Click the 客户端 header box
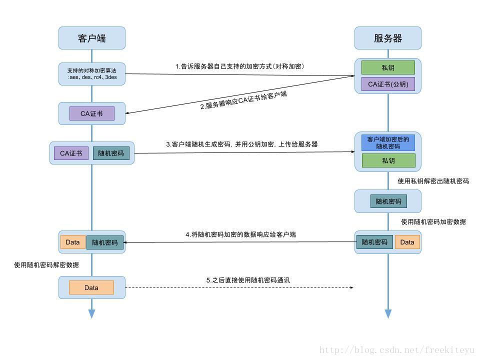(92, 38)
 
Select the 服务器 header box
(388, 38)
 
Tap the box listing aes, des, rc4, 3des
(92, 73)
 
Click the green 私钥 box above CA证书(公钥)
(388, 67)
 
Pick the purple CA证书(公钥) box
(388, 84)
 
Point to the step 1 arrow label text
(239, 66)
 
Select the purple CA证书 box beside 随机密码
(71, 153)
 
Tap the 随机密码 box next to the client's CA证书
(111, 153)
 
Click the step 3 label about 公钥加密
(241, 144)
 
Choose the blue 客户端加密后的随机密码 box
(388, 143)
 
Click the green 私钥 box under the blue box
(388, 160)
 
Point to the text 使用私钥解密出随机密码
(433, 181)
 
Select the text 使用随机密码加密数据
(433, 221)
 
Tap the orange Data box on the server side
(407, 242)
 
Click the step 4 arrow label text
(240, 234)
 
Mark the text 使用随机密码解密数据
(46, 265)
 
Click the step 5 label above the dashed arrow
(248, 280)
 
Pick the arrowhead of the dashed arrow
(352, 288)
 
